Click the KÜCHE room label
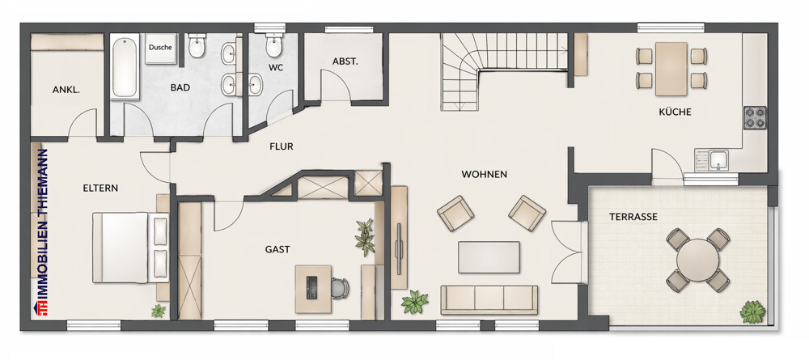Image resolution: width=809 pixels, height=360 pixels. pyautogui.click(x=675, y=112)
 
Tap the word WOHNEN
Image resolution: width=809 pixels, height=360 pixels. pyautogui.click(x=484, y=174)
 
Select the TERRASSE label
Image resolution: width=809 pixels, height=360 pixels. pyautogui.click(x=633, y=217)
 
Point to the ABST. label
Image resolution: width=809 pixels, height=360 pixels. pyautogui.click(x=345, y=61)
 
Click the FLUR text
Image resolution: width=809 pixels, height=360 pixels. pyautogui.click(x=282, y=146)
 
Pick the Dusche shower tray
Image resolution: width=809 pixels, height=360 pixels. pyautogui.click(x=160, y=49)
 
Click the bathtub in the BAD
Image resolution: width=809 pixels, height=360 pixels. pyautogui.click(x=125, y=66)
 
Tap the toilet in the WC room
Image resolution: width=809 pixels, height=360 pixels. pyautogui.click(x=273, y=45)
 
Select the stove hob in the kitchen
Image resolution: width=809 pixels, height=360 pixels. pyautogui.click(x=754, y=117)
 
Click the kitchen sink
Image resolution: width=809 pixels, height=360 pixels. pyautogui.click(x=718, y=160)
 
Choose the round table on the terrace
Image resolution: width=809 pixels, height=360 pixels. pyautogui.click(x=697, y=260)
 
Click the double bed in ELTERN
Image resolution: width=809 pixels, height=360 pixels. pyautogui.click(x=130, y=248)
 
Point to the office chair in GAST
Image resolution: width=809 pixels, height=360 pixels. pyautogui.click(x=340, y=288)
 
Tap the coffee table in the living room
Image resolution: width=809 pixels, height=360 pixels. pyautogui.click(x=489, y=256)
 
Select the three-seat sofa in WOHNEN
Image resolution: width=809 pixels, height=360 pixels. pyautogui.click(x=489, y=299)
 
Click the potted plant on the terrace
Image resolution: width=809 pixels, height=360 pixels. pyautogui.click(x=752, y=312)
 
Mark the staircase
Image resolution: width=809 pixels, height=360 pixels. pyautogui.click(x=503, y=72)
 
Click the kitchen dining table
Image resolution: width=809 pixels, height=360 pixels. pyautogui.click(x=671, y=69)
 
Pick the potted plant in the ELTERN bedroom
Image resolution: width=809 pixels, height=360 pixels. pyautogui.click(x=159, y=311)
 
